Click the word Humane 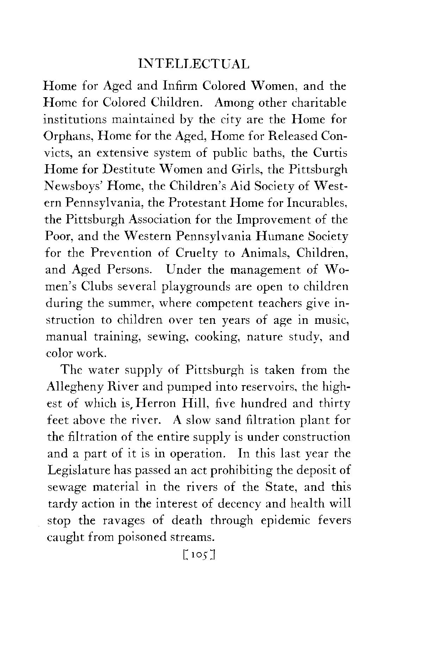pos(279,236)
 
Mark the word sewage pos(64,488)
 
